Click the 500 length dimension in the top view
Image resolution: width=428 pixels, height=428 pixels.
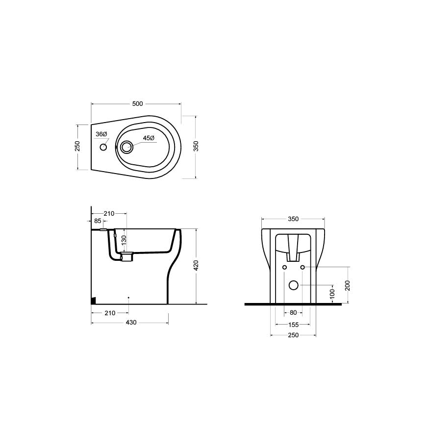tap(137, 103)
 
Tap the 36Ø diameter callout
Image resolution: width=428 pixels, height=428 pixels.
tap(101, 134)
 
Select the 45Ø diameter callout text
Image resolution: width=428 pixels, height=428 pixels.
tap(149, 138)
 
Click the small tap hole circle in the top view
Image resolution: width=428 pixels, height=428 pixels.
tap(103, 147)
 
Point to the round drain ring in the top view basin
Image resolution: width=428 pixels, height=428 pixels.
tap(126, 147)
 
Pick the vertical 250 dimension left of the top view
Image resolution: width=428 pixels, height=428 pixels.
tap(77, 147)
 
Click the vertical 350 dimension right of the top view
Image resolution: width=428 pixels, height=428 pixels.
tap(196, 147)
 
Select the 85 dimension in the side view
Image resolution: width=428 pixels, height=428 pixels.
tap(99, 221)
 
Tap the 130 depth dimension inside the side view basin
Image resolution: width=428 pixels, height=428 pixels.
tap(124, 240)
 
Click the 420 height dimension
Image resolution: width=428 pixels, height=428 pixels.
tap(196, 266)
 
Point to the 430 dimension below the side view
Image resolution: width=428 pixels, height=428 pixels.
tap(131, 323)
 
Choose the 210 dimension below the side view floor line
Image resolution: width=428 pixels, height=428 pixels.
tap(109, 313)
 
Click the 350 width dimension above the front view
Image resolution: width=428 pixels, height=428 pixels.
tap(293, 219)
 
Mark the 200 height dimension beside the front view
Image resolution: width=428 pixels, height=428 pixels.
tap(348, 285)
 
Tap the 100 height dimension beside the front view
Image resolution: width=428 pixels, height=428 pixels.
tap(332, 294)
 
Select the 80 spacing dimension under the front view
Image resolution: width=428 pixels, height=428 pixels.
tap(293, 313)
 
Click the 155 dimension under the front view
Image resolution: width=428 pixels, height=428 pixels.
tap(293, 324)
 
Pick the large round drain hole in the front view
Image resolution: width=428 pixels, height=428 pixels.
tap(293, 285)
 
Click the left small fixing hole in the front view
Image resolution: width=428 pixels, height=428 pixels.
tap(284, 267)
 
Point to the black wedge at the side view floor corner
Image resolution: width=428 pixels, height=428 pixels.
tap(94, 301)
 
